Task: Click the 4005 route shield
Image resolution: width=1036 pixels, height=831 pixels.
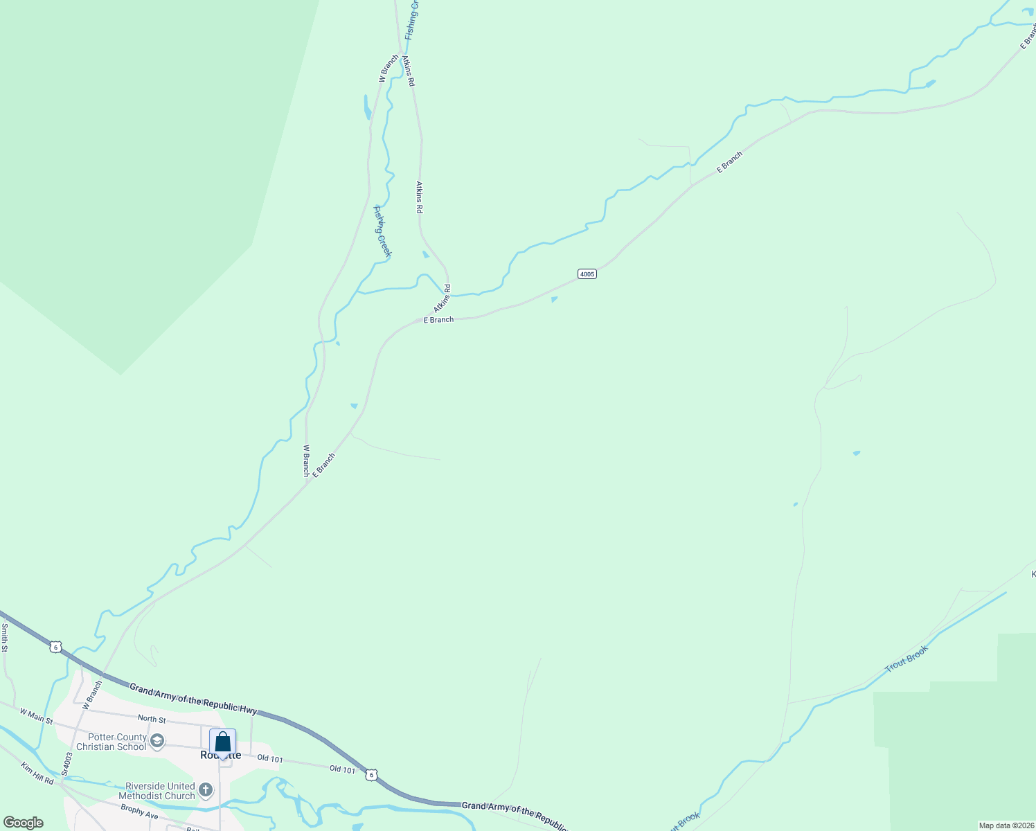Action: pos(587,274)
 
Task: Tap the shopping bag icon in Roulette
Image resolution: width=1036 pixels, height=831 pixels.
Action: pos(222,742)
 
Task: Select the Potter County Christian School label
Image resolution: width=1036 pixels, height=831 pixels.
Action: pos(111,742)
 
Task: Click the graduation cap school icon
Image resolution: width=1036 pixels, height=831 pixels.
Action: pos(157,742)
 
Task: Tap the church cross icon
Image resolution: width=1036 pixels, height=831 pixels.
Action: pos(206,789)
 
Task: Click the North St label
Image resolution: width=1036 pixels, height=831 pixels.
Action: pos(152,719)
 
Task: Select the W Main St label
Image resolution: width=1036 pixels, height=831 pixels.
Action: pos(36,716)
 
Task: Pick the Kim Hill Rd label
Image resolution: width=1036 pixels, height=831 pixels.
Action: pos(37,774)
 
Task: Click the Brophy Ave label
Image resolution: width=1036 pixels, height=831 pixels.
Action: pos(139,811)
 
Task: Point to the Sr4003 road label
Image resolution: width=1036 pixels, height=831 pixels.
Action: pos(66,764)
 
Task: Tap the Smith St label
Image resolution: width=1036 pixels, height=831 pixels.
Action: pos(4,638)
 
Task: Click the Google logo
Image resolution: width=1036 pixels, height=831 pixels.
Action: pos(23,823)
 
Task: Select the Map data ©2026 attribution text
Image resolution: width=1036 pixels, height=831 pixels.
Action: pos(1006,825)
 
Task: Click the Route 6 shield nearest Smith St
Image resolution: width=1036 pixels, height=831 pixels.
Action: pos(55,647)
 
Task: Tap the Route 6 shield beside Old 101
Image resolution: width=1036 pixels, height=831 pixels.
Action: pos(372,775)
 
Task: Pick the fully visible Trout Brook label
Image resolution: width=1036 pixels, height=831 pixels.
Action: pos(906,657)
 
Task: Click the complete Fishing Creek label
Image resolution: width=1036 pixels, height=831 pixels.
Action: pos(382,231)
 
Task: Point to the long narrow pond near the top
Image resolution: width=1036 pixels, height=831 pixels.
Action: pos(367,107)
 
